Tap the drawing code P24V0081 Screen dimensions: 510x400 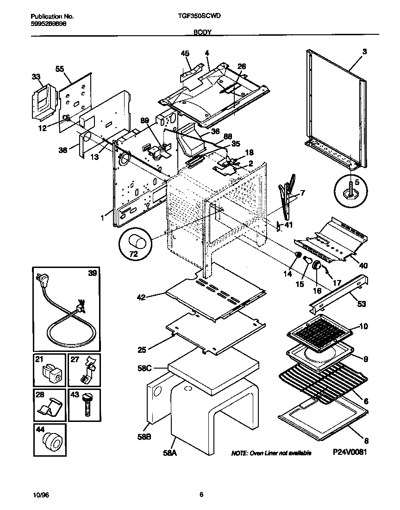point(349,452)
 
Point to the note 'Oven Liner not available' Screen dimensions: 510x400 point(271,453)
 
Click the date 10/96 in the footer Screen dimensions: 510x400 point(41,495)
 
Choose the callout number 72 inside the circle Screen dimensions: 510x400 point(133,254)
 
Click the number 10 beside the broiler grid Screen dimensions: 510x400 point(363,326)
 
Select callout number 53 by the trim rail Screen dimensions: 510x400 point(361,304)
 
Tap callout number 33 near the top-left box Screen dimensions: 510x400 point(36,77)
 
